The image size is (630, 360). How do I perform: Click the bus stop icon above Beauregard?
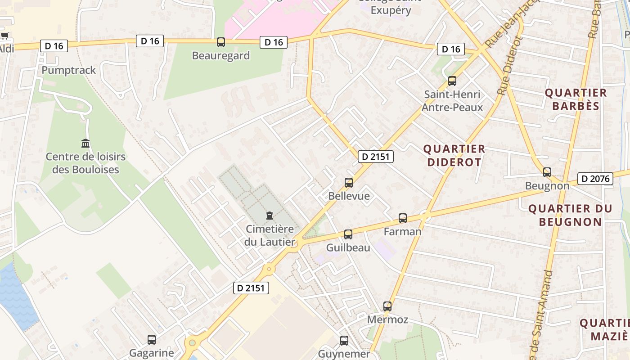tap(221, 42)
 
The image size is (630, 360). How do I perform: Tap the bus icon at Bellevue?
tap(349, 183)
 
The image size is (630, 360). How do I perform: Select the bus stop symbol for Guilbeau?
tap(348, 234)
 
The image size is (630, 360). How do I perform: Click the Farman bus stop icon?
tap(403, 218)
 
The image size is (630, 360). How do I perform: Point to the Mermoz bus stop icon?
tap(387, 306)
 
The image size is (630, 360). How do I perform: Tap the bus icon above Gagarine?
tap(152, 340)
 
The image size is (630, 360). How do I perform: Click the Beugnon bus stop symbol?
tap(547, 172)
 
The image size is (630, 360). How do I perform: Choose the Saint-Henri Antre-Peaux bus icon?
tap(452, 81)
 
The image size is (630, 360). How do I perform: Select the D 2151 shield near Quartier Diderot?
tap(376, 157)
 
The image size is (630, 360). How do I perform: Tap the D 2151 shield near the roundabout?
tap(251, 288)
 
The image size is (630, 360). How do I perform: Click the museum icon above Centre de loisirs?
tap(85, 144)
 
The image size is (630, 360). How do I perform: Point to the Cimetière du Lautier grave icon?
tap(270, 216)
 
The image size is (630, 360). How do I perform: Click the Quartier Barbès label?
tap(576, 99)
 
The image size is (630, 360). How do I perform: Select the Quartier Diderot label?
tap(454, 155)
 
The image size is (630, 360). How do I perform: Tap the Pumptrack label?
tap(69, 70)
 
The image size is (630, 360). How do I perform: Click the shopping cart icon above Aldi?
tap(4, 36)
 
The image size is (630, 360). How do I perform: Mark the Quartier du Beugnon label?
tap(570, 215)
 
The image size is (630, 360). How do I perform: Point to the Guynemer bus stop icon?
tap(344, 341)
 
